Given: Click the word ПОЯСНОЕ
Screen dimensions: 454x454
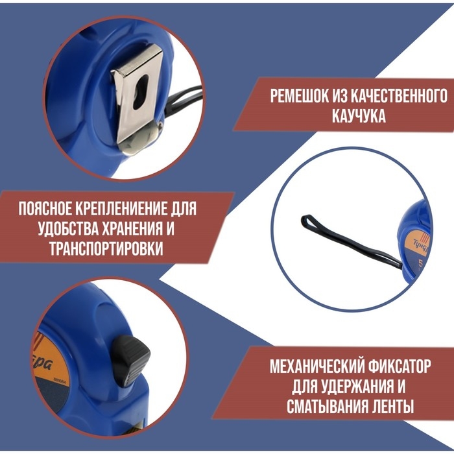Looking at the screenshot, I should point(49,210).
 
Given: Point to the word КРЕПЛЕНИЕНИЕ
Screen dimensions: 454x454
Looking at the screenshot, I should point(128,210).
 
